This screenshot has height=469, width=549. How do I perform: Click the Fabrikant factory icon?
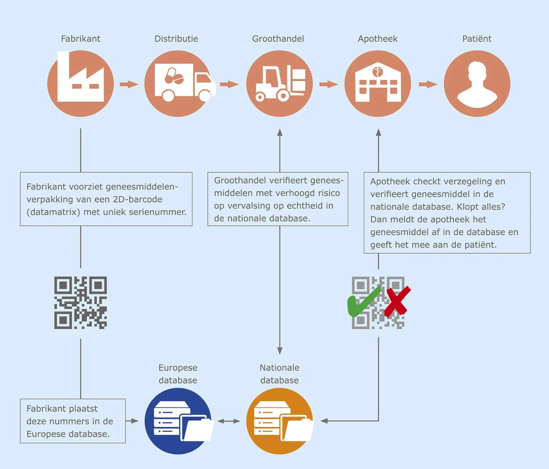80,83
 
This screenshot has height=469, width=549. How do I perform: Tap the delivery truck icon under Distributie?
179,83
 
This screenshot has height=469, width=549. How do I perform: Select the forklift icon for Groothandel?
279,83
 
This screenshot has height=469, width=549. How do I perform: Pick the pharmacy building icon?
378,83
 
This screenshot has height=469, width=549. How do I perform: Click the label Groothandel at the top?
278,39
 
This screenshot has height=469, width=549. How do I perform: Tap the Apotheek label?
378,39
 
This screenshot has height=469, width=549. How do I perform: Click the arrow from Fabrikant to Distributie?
129,84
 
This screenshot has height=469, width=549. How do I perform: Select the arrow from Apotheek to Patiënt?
428,84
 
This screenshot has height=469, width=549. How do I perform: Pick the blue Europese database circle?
178,421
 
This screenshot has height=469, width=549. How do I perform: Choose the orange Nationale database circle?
279,421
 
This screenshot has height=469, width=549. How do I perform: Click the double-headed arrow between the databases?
229,421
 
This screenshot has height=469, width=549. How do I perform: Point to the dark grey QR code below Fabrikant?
80,303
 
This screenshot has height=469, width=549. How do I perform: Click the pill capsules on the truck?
174,76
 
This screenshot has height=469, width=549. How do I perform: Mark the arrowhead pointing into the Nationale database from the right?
324,421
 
